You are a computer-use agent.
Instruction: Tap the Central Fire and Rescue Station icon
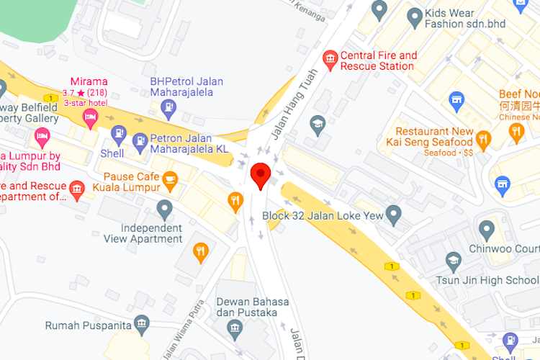point(330,60)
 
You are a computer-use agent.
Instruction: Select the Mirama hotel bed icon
point(90,119)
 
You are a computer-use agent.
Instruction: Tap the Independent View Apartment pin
point(165,210)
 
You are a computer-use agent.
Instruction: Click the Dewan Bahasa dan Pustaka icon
point(235,330)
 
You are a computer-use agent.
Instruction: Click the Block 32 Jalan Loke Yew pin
point(393,214)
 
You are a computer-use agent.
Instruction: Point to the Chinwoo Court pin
point(487,230)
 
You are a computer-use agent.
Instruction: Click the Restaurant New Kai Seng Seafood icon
point(483,138)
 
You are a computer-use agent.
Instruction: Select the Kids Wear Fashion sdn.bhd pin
point(414,17)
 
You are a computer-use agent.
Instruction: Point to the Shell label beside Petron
point(112,153)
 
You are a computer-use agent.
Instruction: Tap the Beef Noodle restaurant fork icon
point(516,132)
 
